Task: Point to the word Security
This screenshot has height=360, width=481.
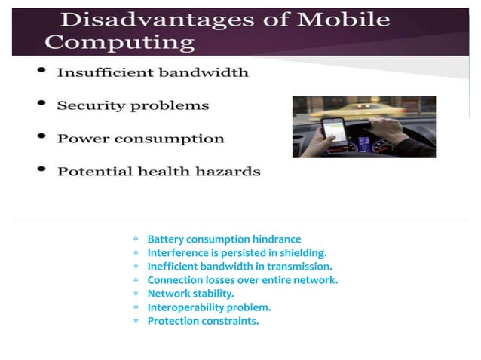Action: click(x=88, y=105)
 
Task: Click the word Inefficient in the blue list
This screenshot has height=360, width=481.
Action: click(x=173, y=267)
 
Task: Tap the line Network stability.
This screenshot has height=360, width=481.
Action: click(x=190, y=294)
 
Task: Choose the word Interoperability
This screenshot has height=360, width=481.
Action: click(x=185, y=307)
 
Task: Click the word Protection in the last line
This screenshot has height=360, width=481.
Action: click(x=173, y=321)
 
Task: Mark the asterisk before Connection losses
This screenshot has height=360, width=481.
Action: click(x=136, y=281)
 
